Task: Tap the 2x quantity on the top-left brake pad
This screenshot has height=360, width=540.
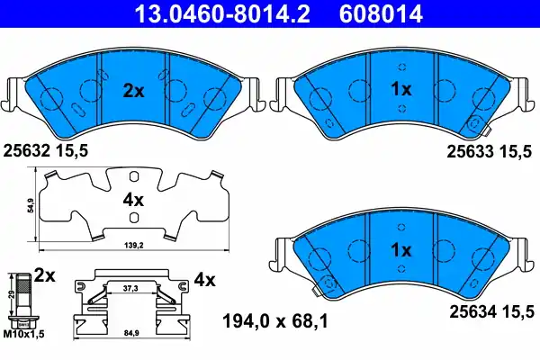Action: coord(134,89)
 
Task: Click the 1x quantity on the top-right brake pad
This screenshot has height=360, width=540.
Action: coord(401,89)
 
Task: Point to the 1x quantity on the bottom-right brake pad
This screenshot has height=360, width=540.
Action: coord(401,248)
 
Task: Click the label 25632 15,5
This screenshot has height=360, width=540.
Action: coord(47,153)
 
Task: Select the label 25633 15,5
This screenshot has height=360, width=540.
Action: coord(491,153)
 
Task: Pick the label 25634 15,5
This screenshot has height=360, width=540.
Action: coord(491,311)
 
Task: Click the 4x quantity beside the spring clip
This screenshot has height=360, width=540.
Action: coord(205,279)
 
